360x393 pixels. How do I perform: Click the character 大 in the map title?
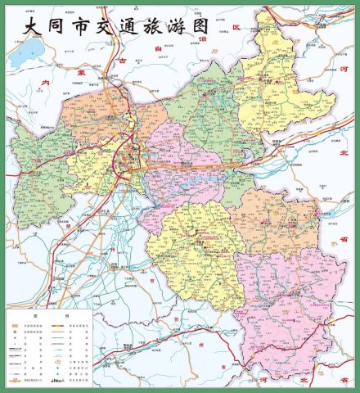[x=32, y=25]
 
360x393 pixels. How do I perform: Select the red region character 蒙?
[x=79, y=73]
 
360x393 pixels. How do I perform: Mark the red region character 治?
[x=204, y=38]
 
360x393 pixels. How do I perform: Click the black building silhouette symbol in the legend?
[x=57, y=382]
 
